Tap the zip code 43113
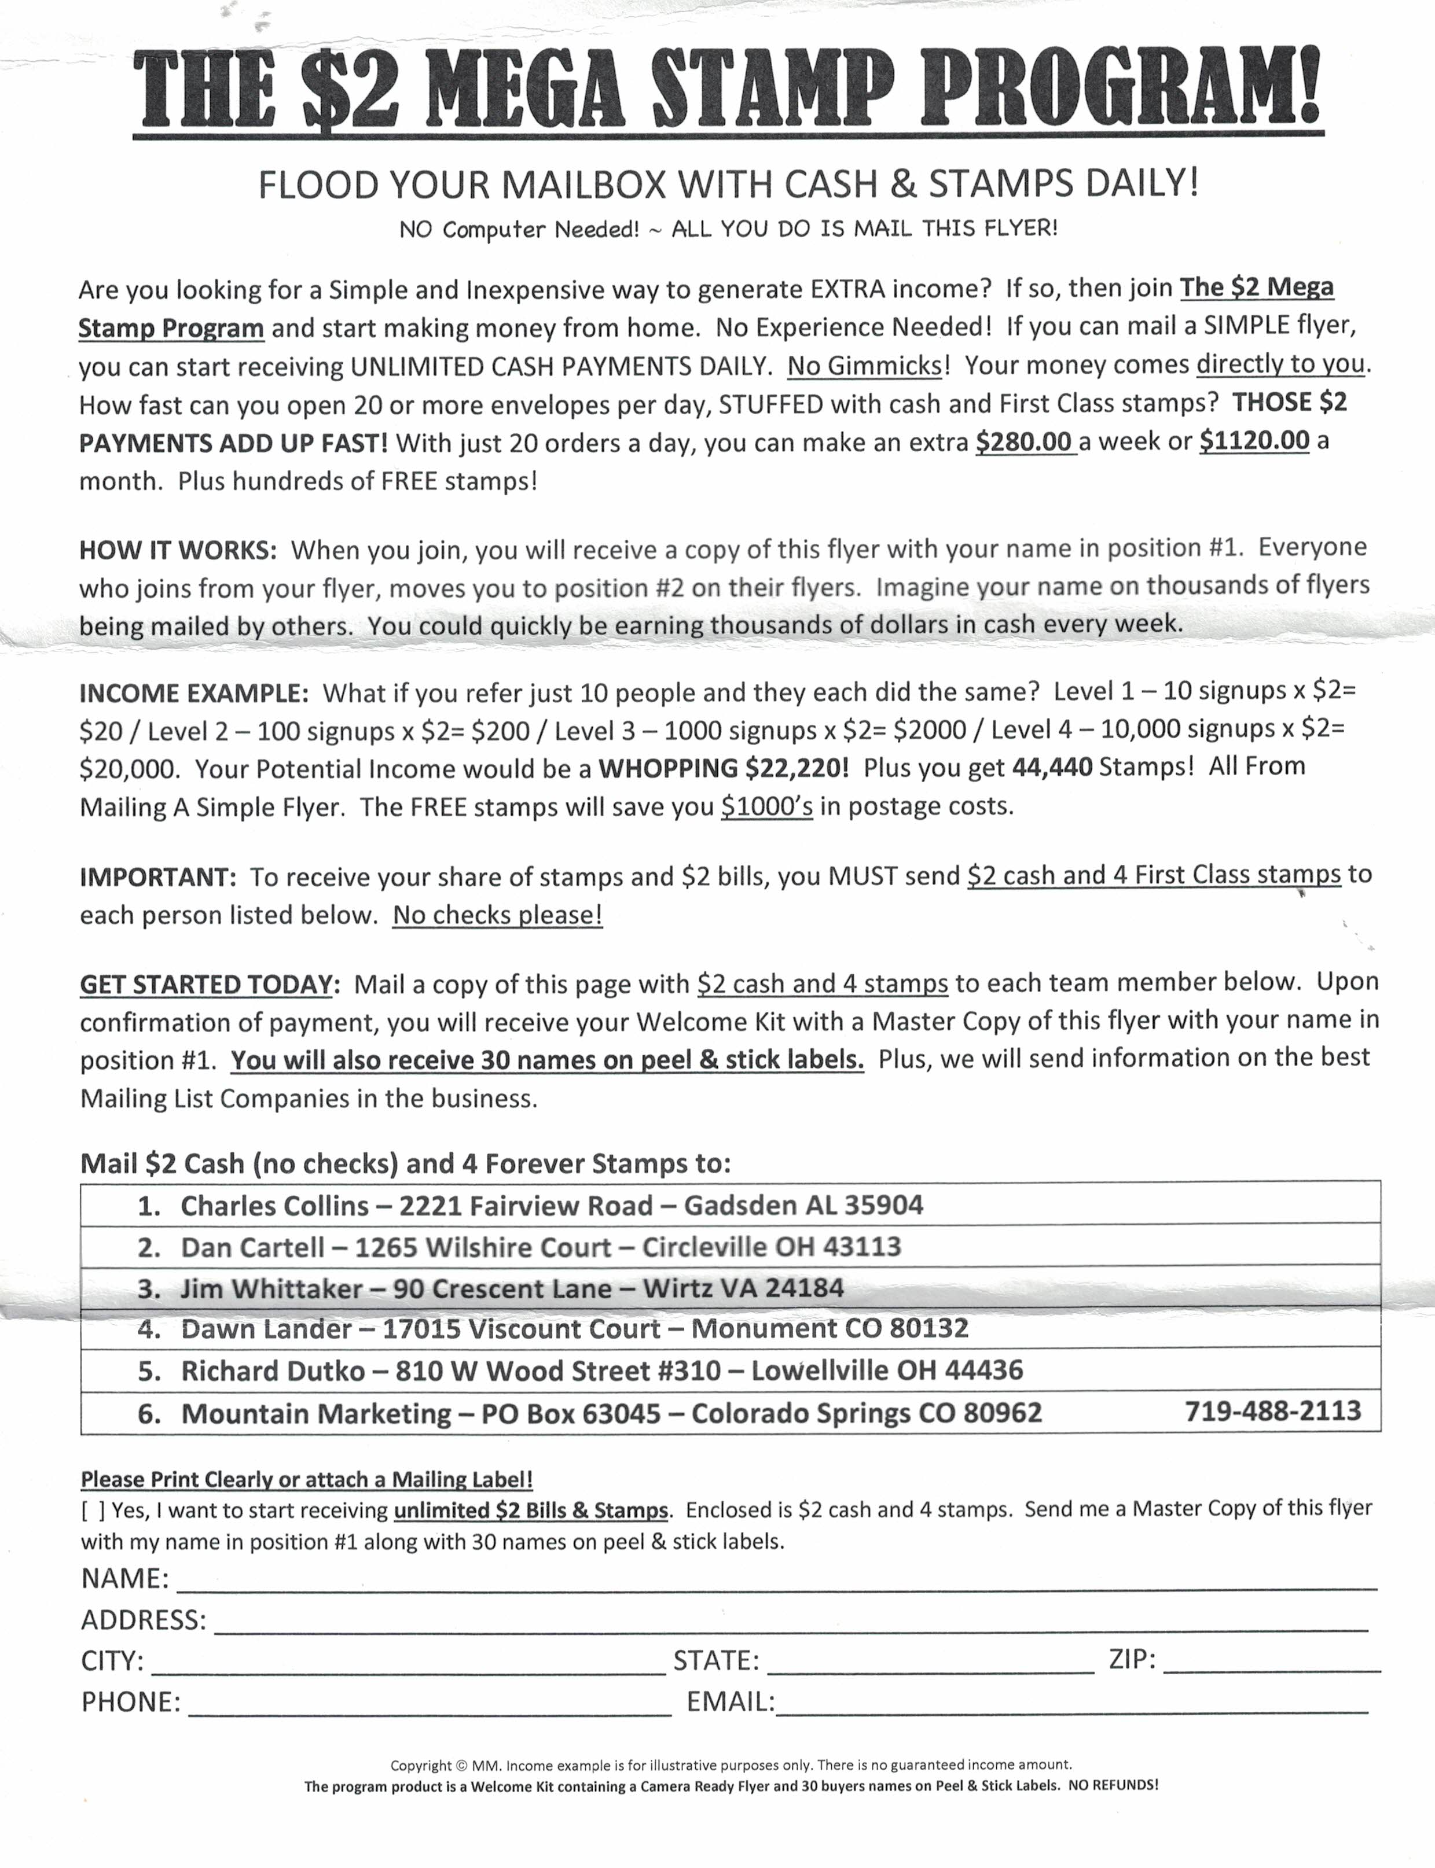click(x=862, y=1247)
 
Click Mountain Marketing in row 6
click(x=316, y=1413)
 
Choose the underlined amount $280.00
click(x=1023, y=441)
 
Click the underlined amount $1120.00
click(x=1254, y=441)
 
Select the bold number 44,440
click(x=1051, y=767)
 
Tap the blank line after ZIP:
click(x=1271, y=1661)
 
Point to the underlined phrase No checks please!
click(x=497, y=915)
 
